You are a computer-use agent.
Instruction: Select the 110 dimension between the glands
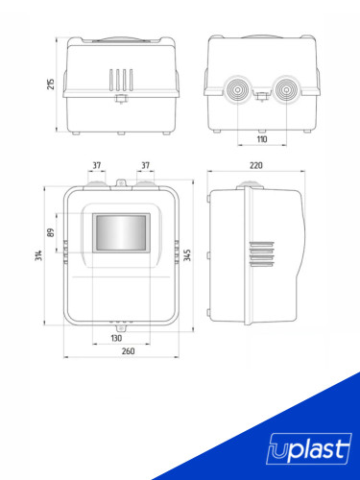pyautogui.click(x=261, y=139)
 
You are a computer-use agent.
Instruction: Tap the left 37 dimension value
pyautogui.click(x=97, y=164)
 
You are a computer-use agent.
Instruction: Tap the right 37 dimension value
pyautogui.click(x=145, y=164)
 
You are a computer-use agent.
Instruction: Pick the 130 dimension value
pyautogui.click(x=116, y=338)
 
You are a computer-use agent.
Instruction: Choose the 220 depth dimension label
pyautogui.click(x=256, y=165)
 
